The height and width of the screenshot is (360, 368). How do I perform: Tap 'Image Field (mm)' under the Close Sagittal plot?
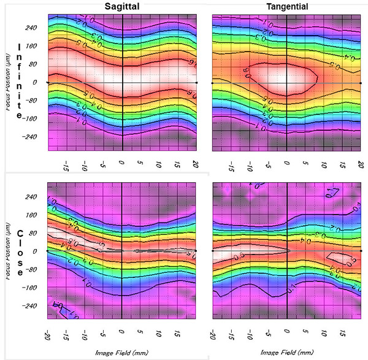122,352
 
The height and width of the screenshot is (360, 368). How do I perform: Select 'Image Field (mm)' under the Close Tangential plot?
286,352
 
